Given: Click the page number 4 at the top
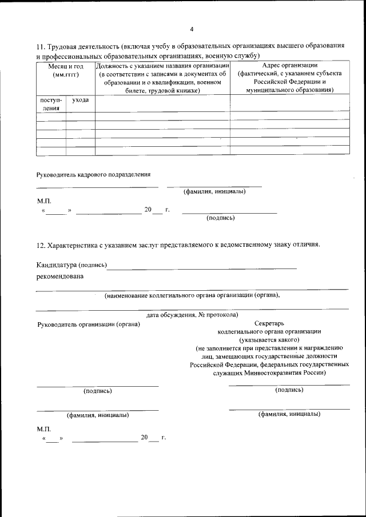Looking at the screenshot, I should [192, 29].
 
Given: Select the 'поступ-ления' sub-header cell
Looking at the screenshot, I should [51, 103].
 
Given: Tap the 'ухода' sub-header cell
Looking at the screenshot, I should [80, 100].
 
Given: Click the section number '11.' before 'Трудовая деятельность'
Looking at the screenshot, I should [41, 46].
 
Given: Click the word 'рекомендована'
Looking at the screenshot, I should [59, 276].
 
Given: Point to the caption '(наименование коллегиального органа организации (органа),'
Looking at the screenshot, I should [192, 295].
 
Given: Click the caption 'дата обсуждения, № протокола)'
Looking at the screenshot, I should [192, 315].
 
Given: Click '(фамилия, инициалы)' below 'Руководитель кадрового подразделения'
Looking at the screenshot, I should [214, 192].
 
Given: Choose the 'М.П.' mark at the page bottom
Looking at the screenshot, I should [44, 428].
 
